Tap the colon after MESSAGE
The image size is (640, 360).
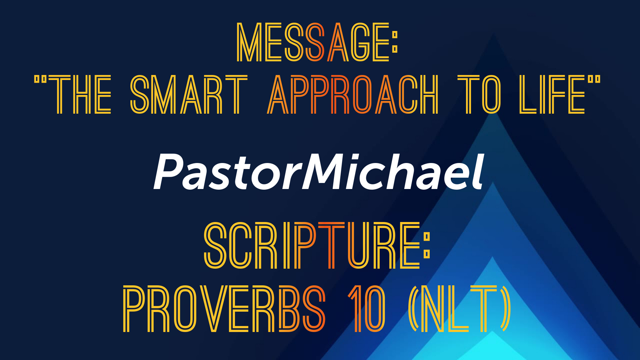[395, 42]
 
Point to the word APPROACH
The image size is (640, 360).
[353, 95]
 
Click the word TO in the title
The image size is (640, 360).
[479, 95]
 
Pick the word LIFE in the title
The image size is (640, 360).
[552, 95]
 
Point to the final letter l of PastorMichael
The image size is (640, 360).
[478, 171]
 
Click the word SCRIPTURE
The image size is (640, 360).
[312, 245]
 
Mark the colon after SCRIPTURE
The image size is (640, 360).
[427, 246]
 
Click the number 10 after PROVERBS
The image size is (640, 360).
[367, 309]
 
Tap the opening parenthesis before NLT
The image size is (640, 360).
[413, 309]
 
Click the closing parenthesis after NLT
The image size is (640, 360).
[505, 309]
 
